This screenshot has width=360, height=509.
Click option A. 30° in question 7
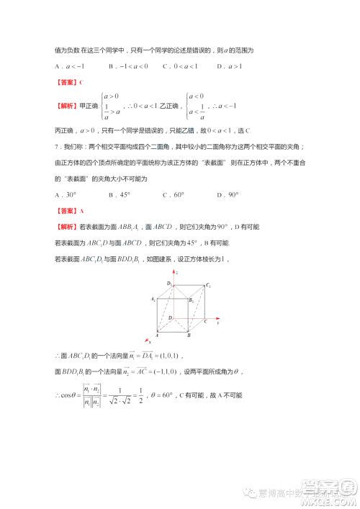tap(66, 195)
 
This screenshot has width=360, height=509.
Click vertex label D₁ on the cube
tap(168, 284)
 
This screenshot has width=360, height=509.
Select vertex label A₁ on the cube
tap(153, 299)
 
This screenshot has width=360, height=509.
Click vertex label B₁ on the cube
tap(191, 300)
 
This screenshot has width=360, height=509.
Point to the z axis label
tap(176, 273)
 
